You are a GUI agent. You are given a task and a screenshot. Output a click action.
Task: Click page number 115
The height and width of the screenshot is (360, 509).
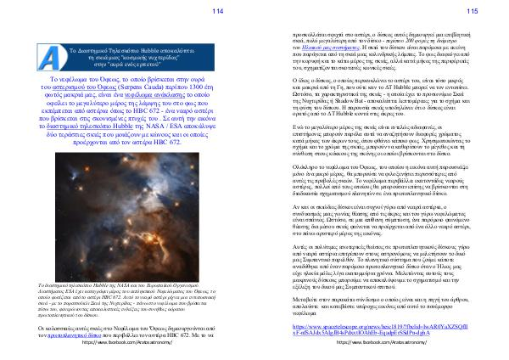(x=473, y=10)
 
